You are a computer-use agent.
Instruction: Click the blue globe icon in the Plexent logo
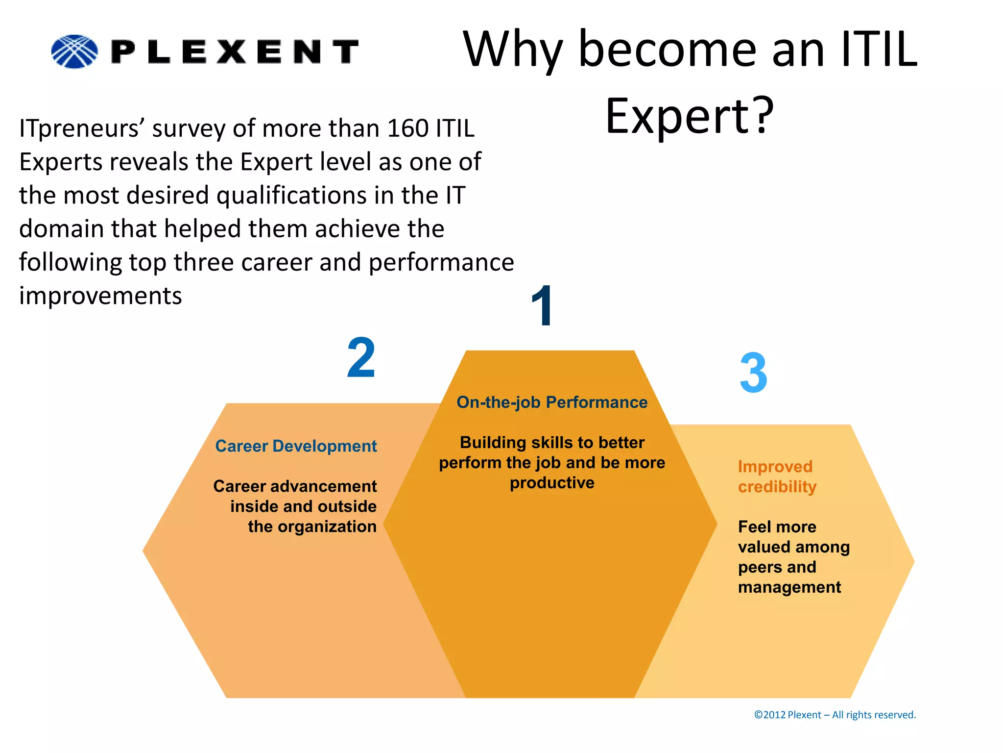[74, 51]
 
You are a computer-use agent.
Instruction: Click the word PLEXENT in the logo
[235, 52]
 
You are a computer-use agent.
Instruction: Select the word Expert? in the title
[690, 116]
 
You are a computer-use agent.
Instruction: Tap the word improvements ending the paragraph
[100, 296]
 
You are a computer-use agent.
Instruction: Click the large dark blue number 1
[543, 306]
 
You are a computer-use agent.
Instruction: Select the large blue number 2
[361, 358]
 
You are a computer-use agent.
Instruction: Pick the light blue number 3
[753, 374]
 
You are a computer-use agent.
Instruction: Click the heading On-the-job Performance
[552, 402]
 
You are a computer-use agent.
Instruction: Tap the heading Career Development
[296, 446]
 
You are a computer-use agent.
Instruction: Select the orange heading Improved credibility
[777, 477]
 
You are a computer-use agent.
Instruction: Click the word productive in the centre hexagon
[552, 483]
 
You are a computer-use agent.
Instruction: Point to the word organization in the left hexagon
[327, 527]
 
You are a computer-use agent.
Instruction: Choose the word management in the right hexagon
[789, 587]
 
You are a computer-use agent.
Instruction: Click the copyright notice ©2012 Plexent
[835, 715]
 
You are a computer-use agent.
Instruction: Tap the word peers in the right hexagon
[760, 567]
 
